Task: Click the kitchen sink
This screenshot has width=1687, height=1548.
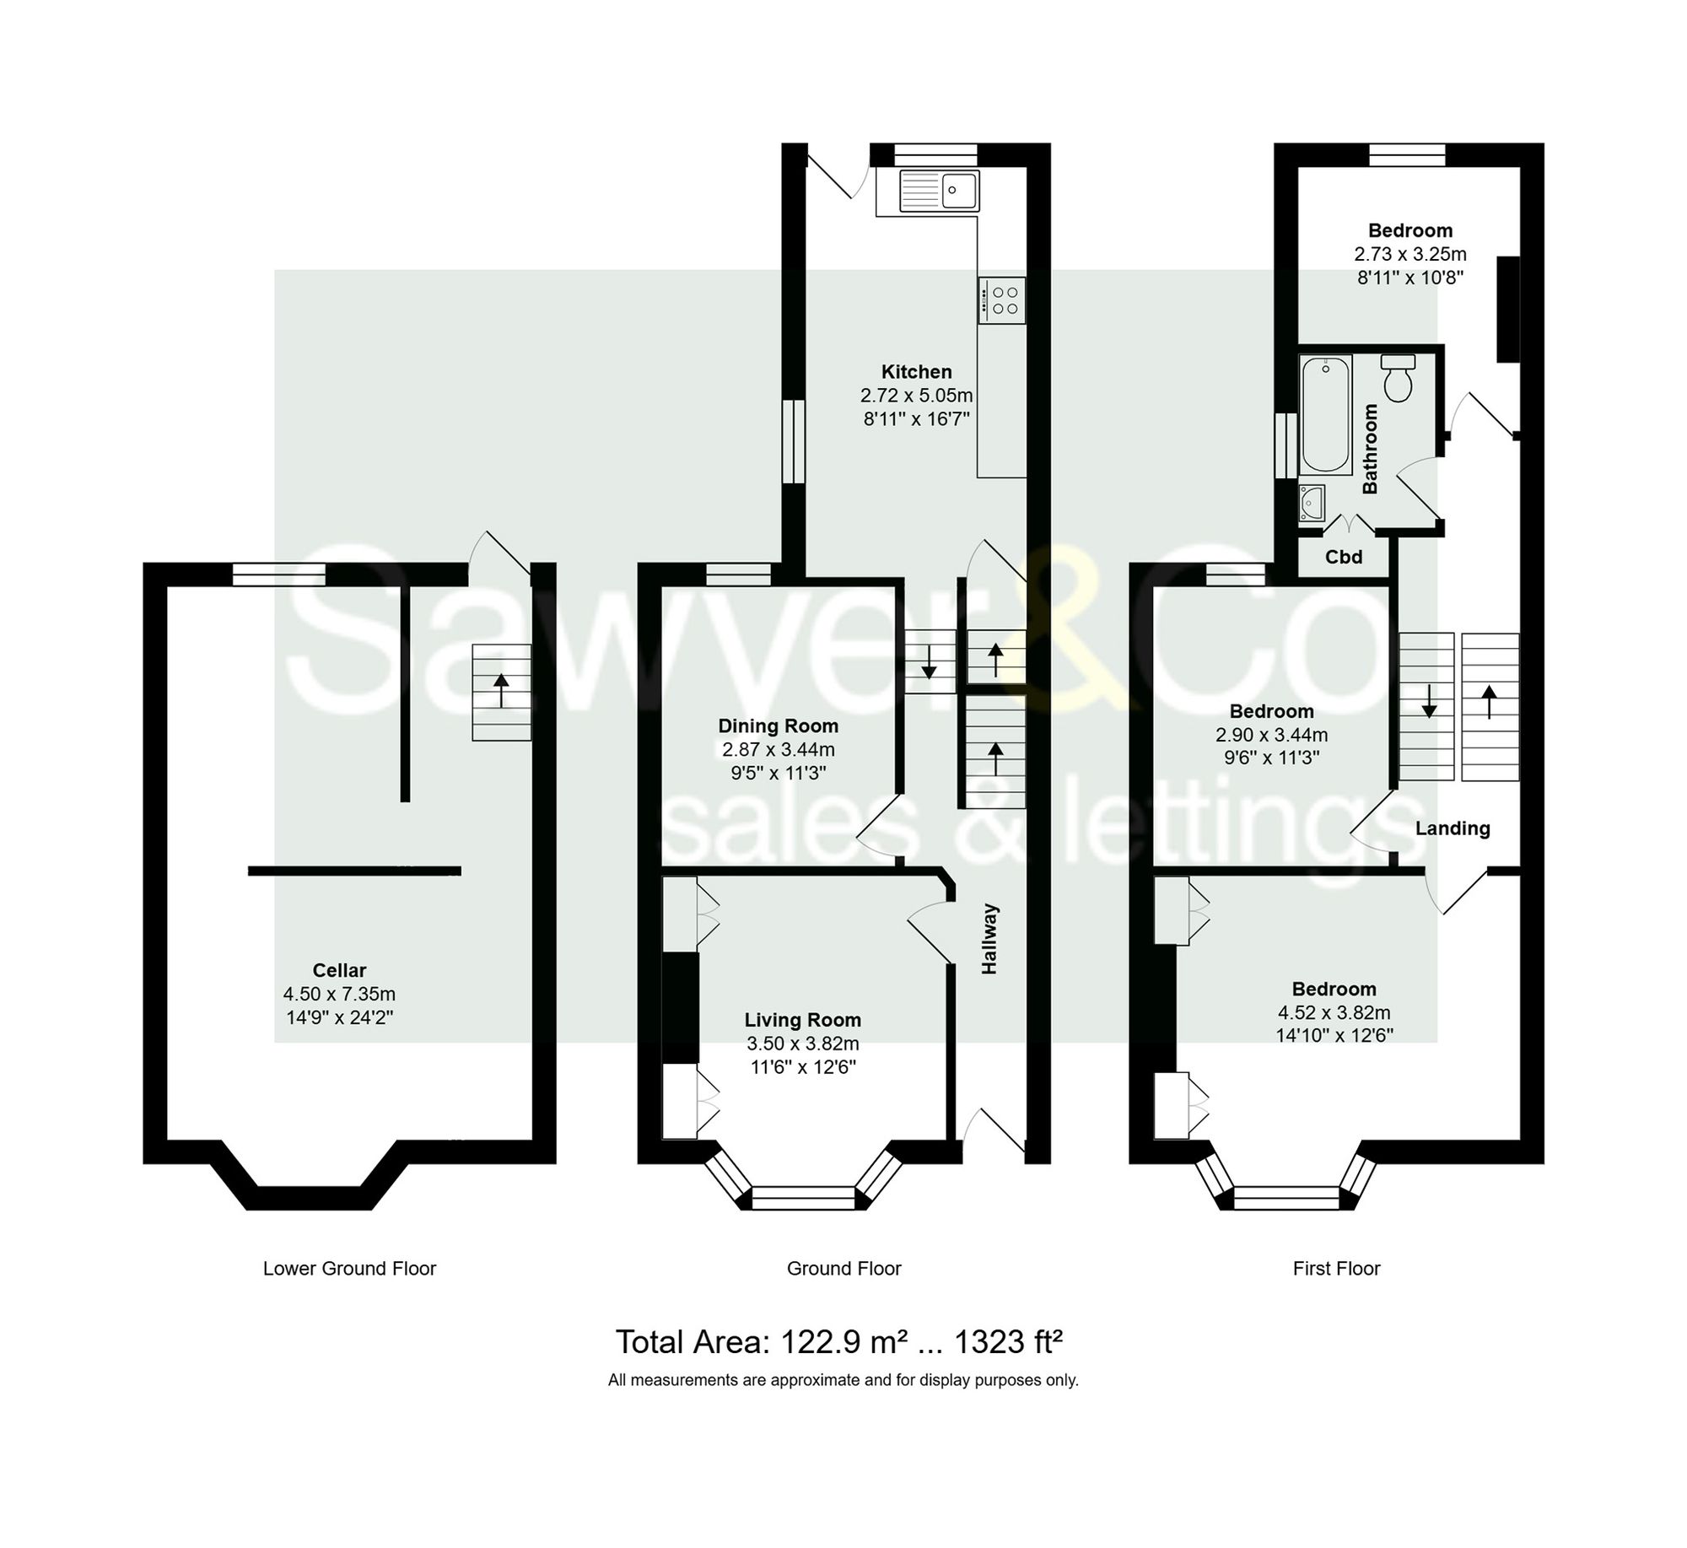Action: (939, 191)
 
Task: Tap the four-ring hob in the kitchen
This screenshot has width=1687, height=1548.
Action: (1003, 300)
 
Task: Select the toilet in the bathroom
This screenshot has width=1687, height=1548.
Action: (1398, 380)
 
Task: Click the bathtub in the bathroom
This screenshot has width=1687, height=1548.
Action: (1326, 413)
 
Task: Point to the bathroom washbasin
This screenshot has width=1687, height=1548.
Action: (1312, 503)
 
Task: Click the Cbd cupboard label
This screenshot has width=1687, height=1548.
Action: (1344, 557)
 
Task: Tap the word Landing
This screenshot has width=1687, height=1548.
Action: (1453, 828)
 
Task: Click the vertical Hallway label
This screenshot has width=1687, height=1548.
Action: (989, 939)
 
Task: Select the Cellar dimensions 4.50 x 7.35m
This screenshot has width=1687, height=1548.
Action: (339, 994)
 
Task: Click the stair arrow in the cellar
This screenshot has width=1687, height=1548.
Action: (501, 691)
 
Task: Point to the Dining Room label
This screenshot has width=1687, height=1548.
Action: (778, 725)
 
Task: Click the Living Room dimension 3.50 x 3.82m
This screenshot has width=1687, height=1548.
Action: (802, 1044)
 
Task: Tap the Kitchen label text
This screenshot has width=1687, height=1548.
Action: (916, 371)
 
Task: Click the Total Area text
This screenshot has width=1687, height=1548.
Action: (843, 1341)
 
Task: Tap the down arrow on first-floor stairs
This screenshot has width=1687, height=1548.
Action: (1429, 701)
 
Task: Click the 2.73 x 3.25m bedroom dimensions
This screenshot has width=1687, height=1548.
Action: (1409, 254)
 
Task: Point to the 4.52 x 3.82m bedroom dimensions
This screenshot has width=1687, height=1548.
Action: (1334, 1012)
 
